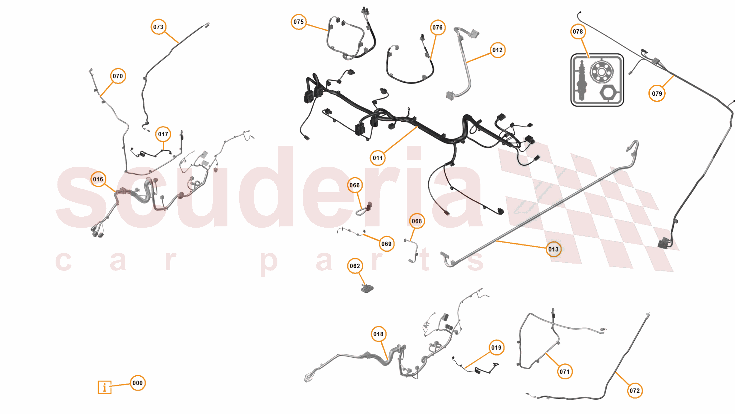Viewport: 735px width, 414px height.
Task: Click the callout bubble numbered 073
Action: [x=158, y=27]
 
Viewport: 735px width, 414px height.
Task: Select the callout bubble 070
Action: [x=118, y=76]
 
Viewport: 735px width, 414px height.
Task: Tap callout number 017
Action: [x=163, y=134]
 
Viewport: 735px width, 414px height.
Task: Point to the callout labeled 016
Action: [x=98, y=179]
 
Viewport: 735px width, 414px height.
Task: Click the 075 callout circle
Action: [x=299, y=22]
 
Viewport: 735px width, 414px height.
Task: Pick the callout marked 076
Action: [x=437, y=28]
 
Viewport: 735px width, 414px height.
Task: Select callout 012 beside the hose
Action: [x=498, y=50]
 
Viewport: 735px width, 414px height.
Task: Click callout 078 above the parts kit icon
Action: [x=578, y=32]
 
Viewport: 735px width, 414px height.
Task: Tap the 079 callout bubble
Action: [x=657, y=93]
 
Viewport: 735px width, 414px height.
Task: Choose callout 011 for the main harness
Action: [x=378, y=158]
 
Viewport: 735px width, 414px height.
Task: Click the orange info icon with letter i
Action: [x=104, y=387]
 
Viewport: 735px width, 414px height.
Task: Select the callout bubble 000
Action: [x=138, y=383]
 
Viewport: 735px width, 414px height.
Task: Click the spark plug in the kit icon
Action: [x=582, y=81]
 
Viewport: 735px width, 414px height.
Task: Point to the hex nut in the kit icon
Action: [x=608, y=93]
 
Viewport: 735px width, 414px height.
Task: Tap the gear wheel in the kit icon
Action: [x=602, y=72]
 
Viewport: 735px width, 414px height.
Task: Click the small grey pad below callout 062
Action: [x=367, y=288]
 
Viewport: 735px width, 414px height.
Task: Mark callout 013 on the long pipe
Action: [x=554, y=249]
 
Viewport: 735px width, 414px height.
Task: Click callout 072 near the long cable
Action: [x=635, y=391]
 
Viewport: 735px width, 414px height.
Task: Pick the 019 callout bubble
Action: [x=496, y=348]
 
